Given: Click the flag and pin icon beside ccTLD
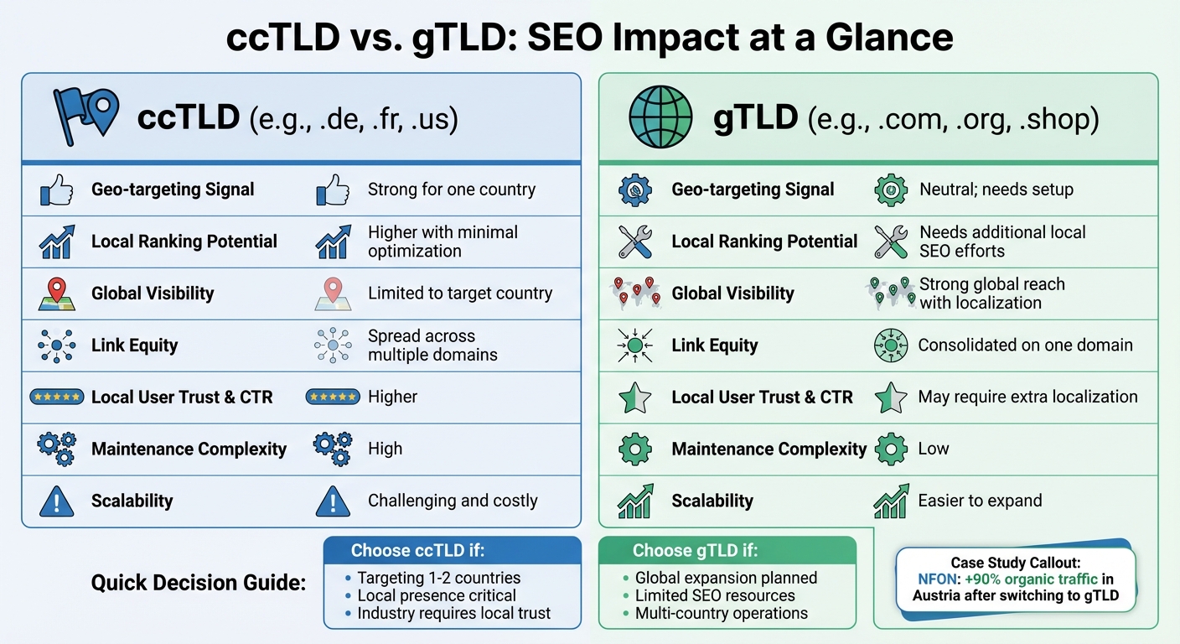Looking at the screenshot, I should tap(85, 117).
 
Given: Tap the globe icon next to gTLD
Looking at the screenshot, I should tap(660, 117).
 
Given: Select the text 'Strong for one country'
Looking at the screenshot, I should tap(451, 190).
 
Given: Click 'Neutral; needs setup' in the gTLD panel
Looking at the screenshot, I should tap(996, 190).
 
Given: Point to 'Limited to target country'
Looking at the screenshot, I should tap(460, 293).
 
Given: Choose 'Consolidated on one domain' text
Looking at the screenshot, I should tap(1025, 345).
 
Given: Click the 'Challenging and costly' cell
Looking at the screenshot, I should tap(453, 501).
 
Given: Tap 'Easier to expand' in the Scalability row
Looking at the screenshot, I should tap(980, 501).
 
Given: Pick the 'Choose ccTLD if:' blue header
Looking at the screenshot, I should tap(417, 551).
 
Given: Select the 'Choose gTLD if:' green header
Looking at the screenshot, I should tap(695, 551).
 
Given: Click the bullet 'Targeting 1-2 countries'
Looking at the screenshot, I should tap(438, 578).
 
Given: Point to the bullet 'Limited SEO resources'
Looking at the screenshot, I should tap(715, 595).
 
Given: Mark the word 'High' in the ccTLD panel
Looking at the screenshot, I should tap(385, 449).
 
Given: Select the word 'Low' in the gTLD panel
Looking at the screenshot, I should tap(934, 449).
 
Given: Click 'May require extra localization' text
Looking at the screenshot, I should tap(1027, 397).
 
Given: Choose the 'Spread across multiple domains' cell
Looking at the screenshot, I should tap(432, 345).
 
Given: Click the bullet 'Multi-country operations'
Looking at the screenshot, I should tap(721, 613).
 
